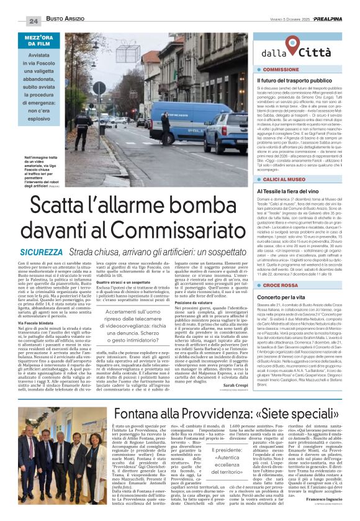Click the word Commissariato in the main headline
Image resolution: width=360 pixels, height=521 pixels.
(x=171, y=233)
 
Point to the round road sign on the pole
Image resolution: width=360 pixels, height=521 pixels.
(x=100, y=88)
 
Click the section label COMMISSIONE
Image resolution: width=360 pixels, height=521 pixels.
(x=285, y=70)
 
